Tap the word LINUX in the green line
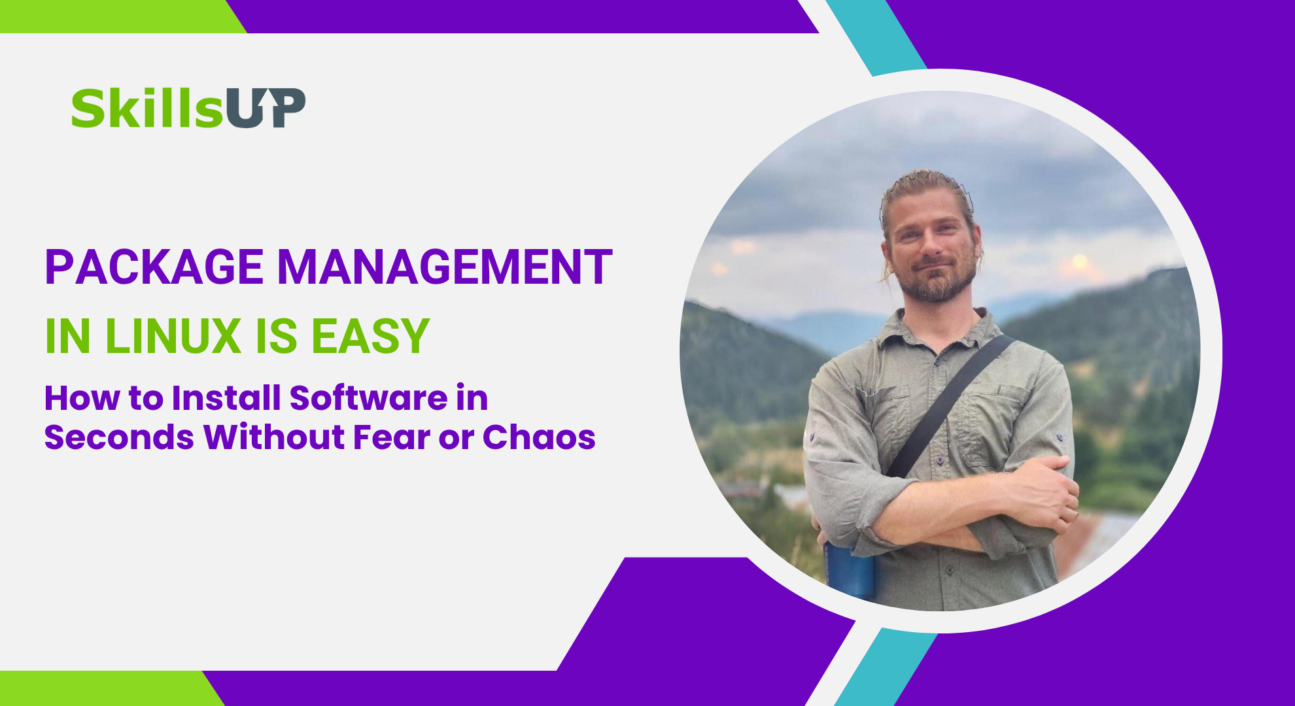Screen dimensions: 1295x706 coord(173,336)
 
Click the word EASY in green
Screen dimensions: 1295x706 coord(370,336)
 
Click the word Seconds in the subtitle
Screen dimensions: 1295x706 coord(119,437)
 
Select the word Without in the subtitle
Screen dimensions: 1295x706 coord(274,437)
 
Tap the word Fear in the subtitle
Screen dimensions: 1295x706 coord(391,437)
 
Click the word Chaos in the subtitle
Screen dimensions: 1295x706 coord(539,437)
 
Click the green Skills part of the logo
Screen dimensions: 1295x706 coord(148,108)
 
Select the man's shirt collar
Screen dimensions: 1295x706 coord(942,330)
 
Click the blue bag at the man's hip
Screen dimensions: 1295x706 coord(850,569)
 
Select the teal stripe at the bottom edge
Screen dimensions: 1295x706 coord(887,667)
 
